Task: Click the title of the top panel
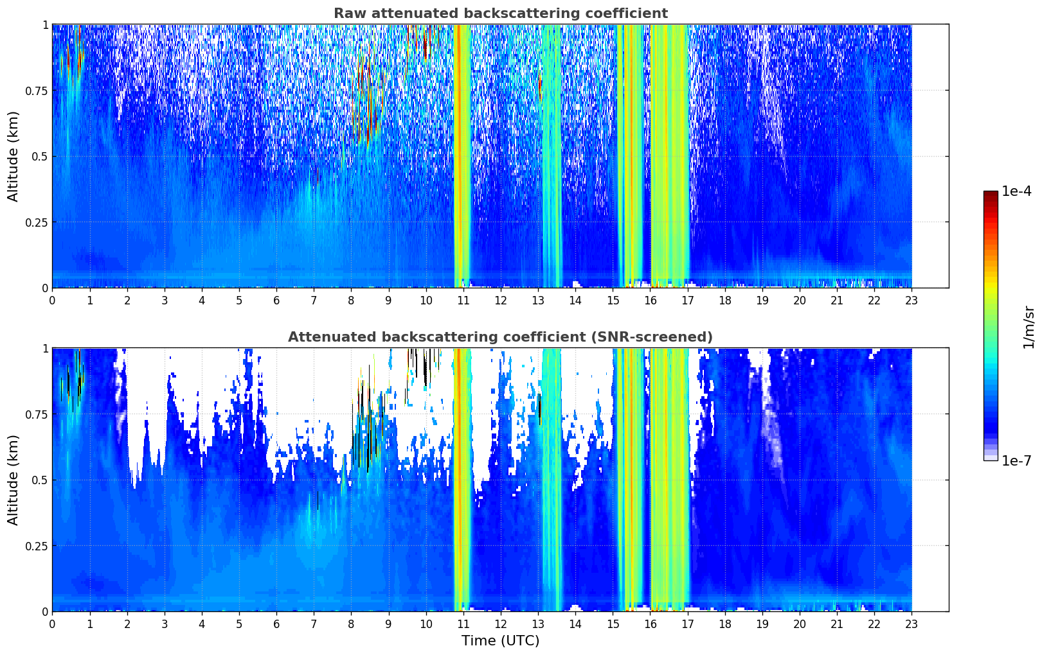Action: click(x=500, y=13)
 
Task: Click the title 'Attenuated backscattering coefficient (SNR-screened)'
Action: click(x=500, y=337)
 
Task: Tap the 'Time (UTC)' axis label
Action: click(x=500, y=641)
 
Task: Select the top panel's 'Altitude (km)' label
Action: click(x=13, y=156)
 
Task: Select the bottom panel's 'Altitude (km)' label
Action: click(x=13, y=480)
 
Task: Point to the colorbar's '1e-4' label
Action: click(x=1016, y=191)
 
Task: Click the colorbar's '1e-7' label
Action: click(x=1016, y=461)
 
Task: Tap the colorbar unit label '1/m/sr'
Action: click(x=1029, y=327)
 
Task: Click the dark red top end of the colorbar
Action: click(x=991, y=194)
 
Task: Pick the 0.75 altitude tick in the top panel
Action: click(x=35, y=91)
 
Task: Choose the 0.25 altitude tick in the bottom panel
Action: click(x=35, y=546)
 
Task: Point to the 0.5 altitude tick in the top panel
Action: click(x=39, y=156)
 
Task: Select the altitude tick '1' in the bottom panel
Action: click(x=45, y=349)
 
